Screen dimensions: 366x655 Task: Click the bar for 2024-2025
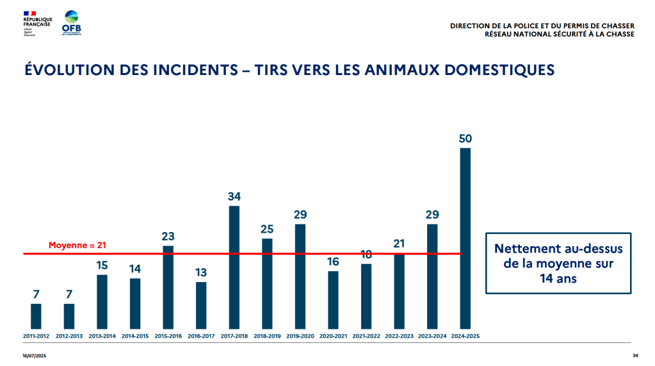(x=465, y=238)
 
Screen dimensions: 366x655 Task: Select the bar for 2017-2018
(x=234, y=267)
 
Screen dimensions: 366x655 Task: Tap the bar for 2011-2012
(x=36, y=316)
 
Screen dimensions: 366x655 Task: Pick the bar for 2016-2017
(x=201, y=305)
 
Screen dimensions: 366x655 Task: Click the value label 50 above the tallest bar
(x=465, y=138)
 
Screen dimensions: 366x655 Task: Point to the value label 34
(x=234, y=196)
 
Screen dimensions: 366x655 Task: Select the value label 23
(x=168, y=236)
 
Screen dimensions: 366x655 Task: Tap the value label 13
(x=201, y=272)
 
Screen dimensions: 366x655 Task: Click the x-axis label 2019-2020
(x=300, y=336)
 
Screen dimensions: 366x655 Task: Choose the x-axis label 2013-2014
(x=102, y=336)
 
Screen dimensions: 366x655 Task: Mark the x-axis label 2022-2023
(x=399, y=336)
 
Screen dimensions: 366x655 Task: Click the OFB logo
(x=72, y=23)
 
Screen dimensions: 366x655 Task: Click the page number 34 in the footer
(x=635, y=356)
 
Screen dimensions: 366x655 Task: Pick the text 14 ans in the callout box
(x=558, y=279)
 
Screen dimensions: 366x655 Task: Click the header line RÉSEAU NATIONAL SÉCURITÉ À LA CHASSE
(x=560, y=34)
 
